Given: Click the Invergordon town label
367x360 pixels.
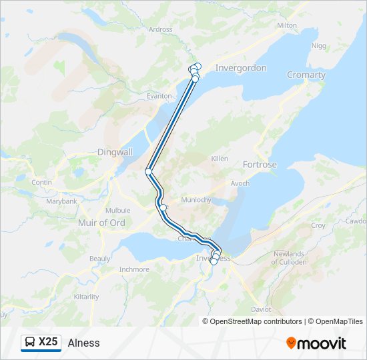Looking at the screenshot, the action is [241, 68].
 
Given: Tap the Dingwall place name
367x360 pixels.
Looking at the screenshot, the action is [115, 151].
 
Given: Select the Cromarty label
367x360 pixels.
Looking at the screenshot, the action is [306, 75].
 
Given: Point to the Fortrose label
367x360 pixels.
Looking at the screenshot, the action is [260, 164].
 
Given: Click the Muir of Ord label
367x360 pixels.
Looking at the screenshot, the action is [101, 223].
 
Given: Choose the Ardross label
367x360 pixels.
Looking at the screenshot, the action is [160, 29].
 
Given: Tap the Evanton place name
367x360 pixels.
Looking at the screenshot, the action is [159, 96].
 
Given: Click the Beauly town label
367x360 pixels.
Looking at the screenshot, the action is [99, 259].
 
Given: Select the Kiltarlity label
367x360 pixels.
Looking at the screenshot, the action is [87, 297].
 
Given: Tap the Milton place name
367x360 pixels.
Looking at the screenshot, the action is [286, 25].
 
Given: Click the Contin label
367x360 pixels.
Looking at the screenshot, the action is [41, 182].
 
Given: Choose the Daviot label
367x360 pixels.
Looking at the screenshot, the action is [261, 310].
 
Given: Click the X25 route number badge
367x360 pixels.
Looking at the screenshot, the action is [48, 342].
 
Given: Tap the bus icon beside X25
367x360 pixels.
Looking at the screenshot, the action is [31, 343].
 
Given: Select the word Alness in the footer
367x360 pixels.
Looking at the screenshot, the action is [83, 343].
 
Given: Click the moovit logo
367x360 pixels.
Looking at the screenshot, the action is [316, 343].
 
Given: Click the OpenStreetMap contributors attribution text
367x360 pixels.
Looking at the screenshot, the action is [256, 321].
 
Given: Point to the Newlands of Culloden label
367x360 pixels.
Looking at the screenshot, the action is [289, 258].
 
